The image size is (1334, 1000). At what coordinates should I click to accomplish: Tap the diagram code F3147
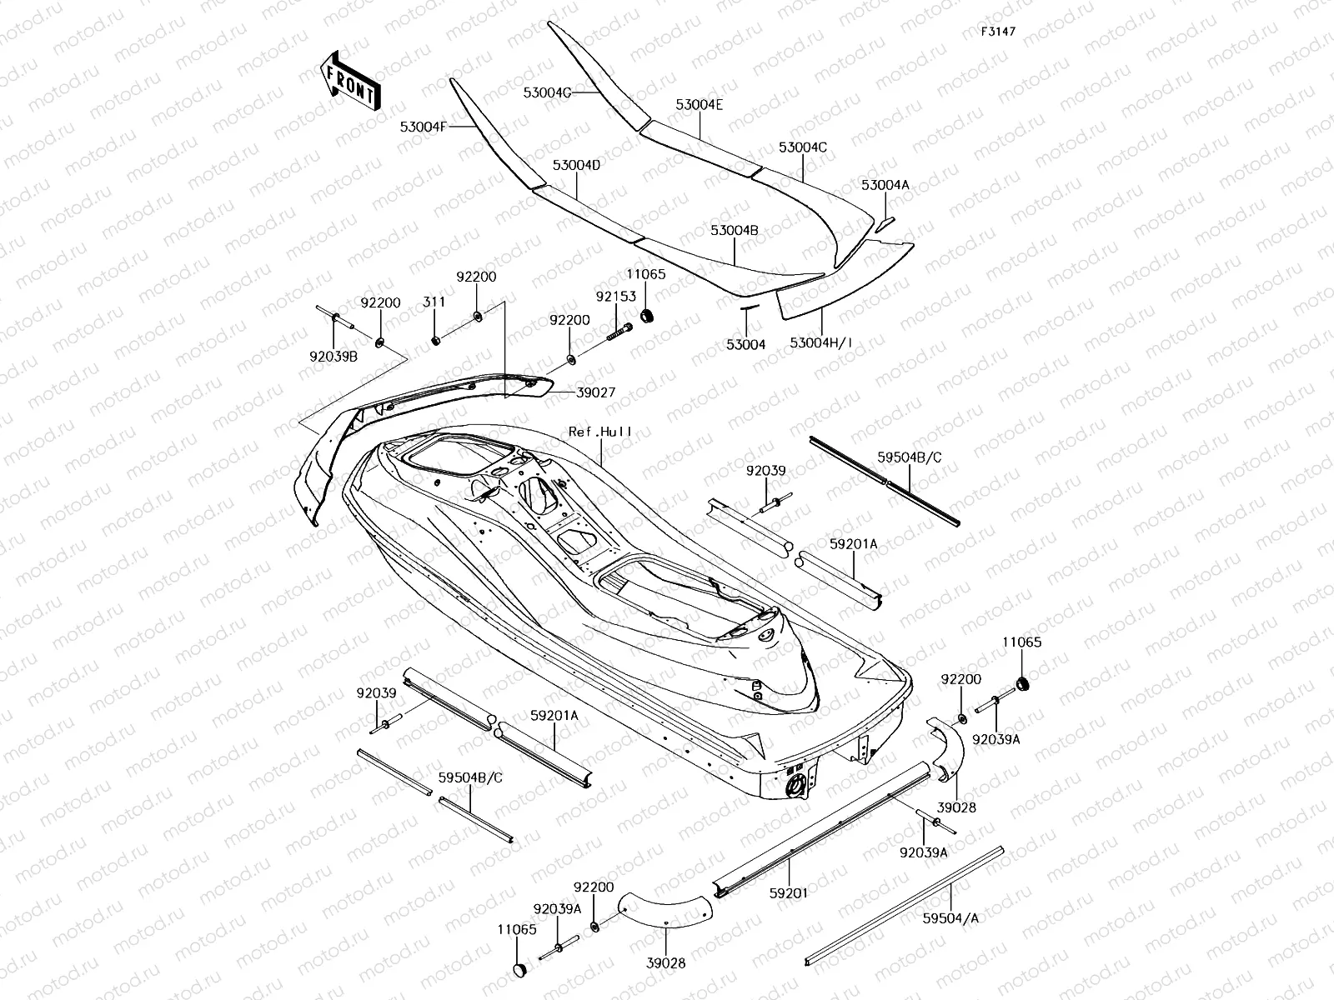(998, 32)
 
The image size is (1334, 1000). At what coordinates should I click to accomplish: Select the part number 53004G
(547, 92)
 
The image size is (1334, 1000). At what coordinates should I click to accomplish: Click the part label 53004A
(885, 185)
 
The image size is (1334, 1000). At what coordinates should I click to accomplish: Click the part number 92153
(615, 296)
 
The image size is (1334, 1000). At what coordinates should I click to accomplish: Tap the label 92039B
(333, 357)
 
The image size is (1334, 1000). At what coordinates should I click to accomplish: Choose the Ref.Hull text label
(600, 432)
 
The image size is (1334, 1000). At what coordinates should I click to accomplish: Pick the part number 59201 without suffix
(790, 893)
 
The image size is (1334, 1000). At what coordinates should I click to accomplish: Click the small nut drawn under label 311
(435, 339)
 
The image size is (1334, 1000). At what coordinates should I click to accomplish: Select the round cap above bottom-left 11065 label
(520, 969)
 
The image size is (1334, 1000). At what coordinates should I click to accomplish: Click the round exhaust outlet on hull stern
(795, 784)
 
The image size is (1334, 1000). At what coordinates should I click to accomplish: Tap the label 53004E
(699, 105)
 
